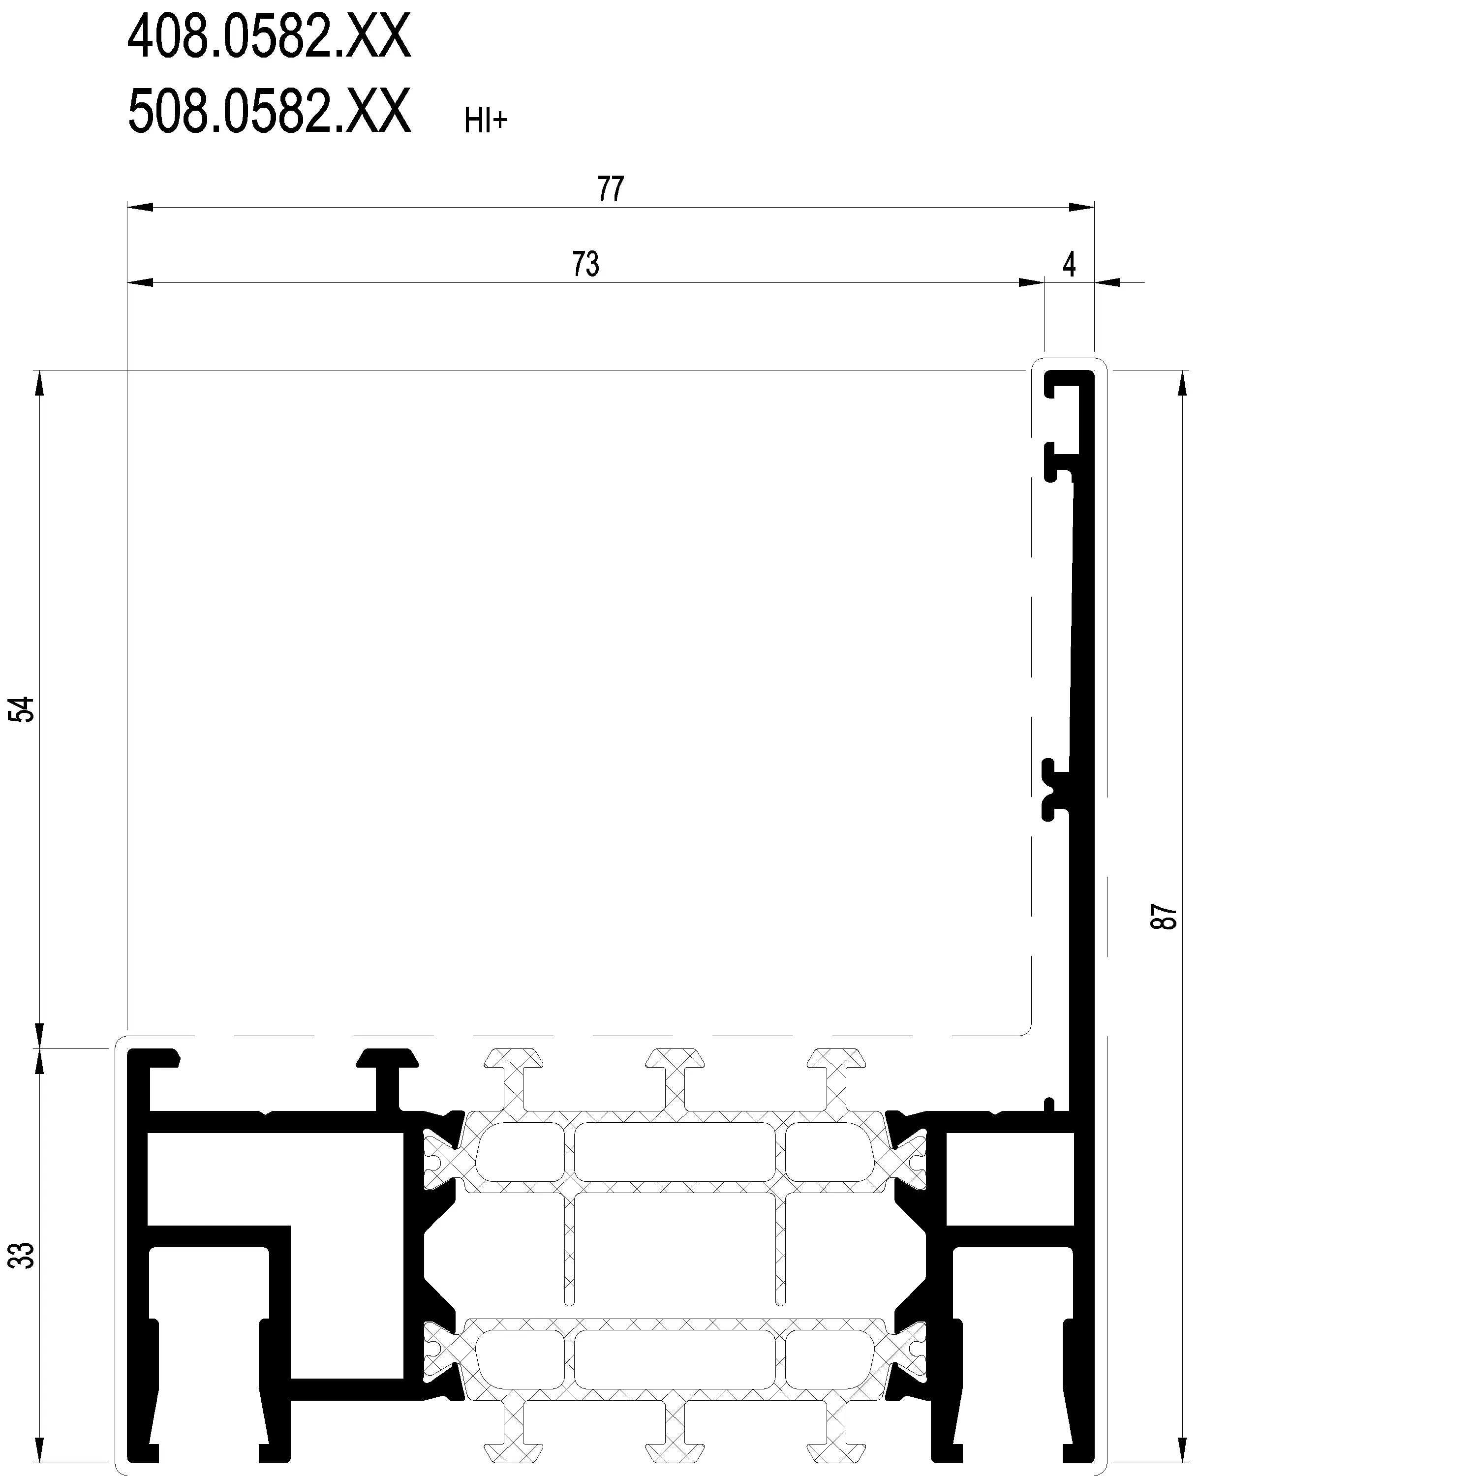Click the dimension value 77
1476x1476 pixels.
611,189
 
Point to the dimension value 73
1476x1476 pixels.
586,264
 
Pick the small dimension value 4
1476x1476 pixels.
1069,264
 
